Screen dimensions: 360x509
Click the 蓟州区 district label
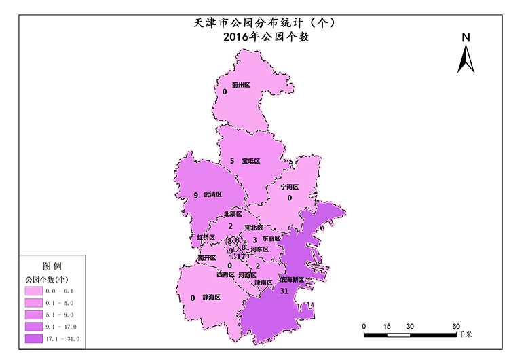241,85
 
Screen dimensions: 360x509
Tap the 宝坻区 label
251,161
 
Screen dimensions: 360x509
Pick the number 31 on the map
284,291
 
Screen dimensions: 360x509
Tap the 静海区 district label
212,298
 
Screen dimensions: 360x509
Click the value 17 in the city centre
241,257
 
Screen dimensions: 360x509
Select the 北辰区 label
233,214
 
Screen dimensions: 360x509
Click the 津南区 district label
263,283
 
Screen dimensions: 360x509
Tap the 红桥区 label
206,238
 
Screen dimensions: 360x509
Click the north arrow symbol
466,54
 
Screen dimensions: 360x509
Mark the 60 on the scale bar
456,326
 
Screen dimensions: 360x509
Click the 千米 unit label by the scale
465,334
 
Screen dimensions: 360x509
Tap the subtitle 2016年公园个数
266,38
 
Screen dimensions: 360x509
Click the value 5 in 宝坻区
232,161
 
